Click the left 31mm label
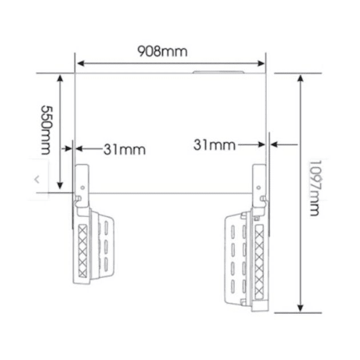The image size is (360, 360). tap(124, 150)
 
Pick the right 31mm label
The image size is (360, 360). tap(214, 145)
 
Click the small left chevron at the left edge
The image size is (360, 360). tap(37, 179)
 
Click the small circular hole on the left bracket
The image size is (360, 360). tap(83, 187)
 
